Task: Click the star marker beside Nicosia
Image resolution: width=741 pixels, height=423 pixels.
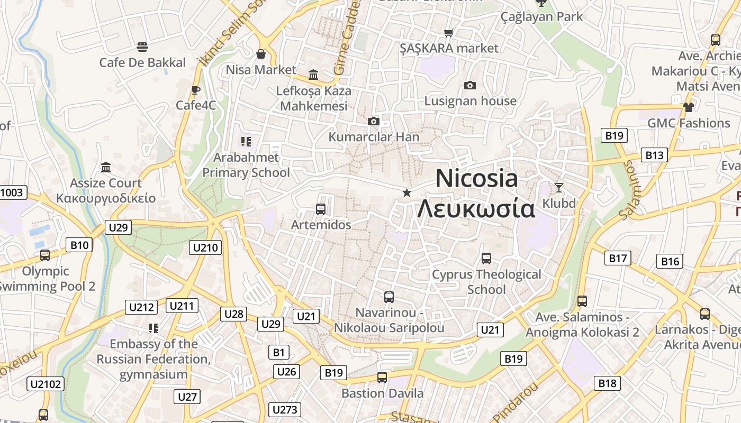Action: coord(406,193)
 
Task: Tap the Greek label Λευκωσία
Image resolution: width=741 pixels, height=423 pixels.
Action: coord(476,209)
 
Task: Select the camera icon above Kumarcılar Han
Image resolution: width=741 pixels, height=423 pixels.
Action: coord(374,122)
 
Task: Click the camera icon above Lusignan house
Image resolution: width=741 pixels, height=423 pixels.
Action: coord(469,85)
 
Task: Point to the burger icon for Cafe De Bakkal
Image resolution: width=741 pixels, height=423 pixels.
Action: coord(142,47)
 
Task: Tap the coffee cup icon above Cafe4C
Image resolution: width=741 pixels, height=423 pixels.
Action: coord(195,90)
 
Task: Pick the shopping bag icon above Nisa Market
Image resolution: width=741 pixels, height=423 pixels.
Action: coord(261,54)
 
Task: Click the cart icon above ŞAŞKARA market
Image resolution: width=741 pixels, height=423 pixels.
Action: coord(449,33)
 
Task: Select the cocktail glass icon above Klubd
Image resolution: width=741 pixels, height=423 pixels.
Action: coord(559,187)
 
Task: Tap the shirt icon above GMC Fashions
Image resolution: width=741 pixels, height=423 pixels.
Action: coord(688,107)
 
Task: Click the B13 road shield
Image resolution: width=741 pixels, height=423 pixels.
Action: coord(654,155)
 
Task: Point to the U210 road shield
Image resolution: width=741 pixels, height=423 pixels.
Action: coord(205,247)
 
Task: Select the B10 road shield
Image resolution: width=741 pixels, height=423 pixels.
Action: coord(79,245)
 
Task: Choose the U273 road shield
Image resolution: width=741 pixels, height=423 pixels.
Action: coord(285,410)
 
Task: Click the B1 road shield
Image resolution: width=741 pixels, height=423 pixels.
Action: coord(279,352)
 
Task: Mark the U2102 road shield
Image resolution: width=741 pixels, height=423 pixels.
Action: coord(46,384)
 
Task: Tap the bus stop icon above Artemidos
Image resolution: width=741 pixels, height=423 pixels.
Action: coord(320,209)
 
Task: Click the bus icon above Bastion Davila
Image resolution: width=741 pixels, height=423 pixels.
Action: coord(382,378)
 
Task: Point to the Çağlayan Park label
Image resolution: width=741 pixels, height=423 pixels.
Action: coord(541,16)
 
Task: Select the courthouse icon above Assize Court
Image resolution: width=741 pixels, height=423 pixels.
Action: coord(106,168)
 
